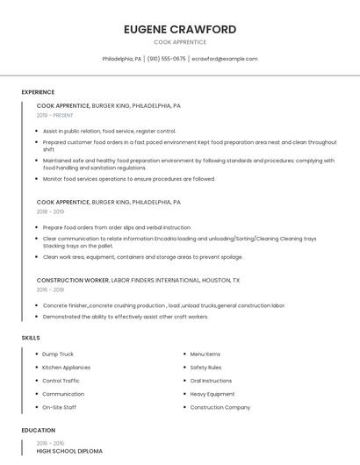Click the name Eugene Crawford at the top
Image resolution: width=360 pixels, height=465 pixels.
coord(180,29)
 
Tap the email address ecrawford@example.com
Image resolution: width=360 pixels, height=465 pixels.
coord(225,59)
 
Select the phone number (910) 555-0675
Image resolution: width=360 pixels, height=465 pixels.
coord(167,59)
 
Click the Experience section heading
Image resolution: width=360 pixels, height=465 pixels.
coord(38,92)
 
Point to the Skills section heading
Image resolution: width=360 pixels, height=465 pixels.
coord(31,338)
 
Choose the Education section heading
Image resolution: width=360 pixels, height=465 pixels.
coord(38,431)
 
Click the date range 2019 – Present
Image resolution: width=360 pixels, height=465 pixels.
coord(55,115)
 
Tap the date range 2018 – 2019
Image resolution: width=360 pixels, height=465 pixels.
coord(50,211)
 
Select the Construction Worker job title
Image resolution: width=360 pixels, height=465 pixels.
coord(73,280)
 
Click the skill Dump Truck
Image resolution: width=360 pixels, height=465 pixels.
coord(58,354)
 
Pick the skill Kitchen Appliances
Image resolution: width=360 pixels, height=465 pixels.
coord(66,368)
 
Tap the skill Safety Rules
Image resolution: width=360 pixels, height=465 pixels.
coord(205,368)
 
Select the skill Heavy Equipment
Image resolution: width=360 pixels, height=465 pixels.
coord(212,394)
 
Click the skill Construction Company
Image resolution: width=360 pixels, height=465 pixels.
coord(220,407)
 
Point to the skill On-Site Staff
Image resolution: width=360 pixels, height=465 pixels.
coord(59,407)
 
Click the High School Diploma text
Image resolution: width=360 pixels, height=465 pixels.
coord(69,451)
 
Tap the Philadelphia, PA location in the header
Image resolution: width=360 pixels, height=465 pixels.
coord(122,59)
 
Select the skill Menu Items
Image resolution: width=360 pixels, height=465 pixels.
coord(205,354)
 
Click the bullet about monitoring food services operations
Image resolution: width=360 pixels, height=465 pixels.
coord(128,179)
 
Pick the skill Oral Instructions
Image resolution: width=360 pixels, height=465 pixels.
coord(211,381)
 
